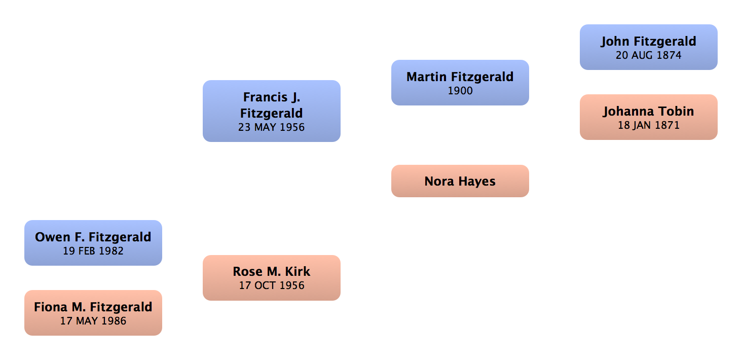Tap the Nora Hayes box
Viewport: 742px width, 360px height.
[x=460, y=181]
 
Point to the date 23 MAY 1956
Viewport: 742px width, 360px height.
[x=272, y=127]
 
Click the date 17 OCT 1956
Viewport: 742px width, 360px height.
[x=272, y=285]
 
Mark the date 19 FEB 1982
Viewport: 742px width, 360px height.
[x=93, y=251]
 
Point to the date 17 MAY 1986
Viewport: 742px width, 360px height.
[x=93, y=321]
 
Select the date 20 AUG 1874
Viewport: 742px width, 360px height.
[x=649, y=55]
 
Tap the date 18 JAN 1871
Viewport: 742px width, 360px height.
[x=649, y=125]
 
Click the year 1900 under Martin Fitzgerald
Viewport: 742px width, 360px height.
[x=460, y=91]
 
